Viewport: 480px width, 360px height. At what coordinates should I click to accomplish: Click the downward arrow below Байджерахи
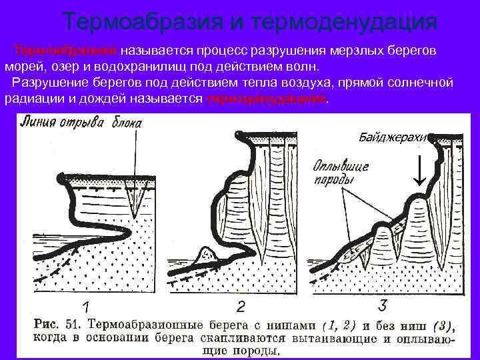(x=419, y=172)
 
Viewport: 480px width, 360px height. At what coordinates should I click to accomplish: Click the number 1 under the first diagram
(x=85, y=307)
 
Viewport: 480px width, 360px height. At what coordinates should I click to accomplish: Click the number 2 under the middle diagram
(x=241, y=307)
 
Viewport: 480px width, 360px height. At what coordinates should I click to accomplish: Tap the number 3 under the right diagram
(x=382, y=305)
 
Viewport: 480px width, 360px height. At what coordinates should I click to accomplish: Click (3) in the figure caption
(x=442, y=325)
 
